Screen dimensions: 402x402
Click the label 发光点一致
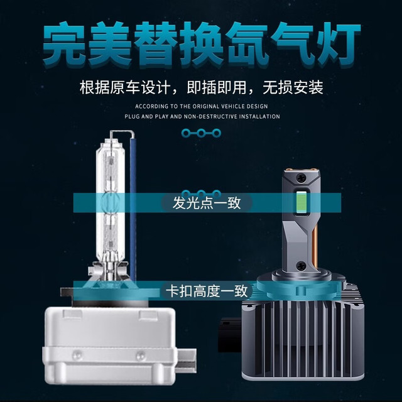[207, 203]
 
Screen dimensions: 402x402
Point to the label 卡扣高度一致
[207, 291]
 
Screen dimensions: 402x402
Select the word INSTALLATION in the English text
[259, 117]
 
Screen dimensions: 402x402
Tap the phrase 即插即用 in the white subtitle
[217, 88]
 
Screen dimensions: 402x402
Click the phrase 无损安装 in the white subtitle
[293, 88]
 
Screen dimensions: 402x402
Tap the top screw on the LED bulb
[300, 177]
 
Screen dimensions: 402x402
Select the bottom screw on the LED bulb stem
[300, 265]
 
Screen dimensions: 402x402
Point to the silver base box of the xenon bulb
[111, 346]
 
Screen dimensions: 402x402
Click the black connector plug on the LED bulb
[230, 335]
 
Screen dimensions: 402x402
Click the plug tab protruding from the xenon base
[187, 361]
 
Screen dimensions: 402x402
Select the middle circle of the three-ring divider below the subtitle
[201, 133]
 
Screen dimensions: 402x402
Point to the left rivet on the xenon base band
[77, 356]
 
